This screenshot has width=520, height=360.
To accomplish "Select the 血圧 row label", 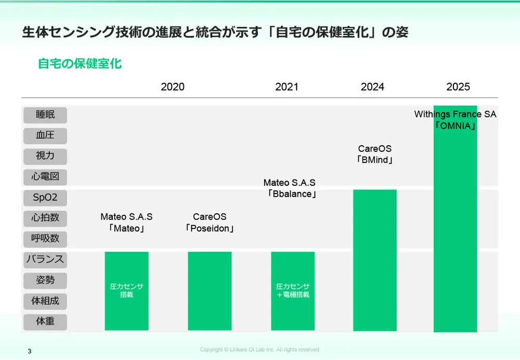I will click(x=45, y=135).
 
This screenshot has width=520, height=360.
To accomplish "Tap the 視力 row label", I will click(x=45, y=156).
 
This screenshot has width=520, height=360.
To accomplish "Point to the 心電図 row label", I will click(x=45, y=176).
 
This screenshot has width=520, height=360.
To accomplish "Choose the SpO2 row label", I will click(x=45, y=198).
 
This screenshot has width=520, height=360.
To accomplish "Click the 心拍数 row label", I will click(x=45, y=218).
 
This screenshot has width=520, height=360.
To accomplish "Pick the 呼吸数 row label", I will click(x=45, y=239).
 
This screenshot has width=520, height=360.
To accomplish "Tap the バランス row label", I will click(x=45, y=259).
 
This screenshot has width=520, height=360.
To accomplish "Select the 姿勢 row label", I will click(x=45, y=280).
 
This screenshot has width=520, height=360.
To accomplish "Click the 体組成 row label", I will click(x=45, y=301).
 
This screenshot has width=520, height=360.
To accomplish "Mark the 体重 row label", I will click(x=45, y=322).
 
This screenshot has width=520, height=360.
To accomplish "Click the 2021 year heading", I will click(x=287, y=87).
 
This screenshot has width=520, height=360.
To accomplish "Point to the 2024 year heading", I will click(x=372, y=87).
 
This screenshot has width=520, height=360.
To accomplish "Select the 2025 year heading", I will click(x=458, y=87).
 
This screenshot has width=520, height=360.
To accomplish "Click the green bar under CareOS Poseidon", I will click(x=210, y=291).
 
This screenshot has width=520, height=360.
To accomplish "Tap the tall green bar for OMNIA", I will click(x=455, y=234).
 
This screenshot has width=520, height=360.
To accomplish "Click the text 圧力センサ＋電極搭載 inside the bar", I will click(x=293, y=290).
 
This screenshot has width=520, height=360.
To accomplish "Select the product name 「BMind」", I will click(x=375, y=160).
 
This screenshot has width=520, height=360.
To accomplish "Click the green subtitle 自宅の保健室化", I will click(x=80, y=64).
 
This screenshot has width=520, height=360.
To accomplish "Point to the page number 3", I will click(x=30, y=351).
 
